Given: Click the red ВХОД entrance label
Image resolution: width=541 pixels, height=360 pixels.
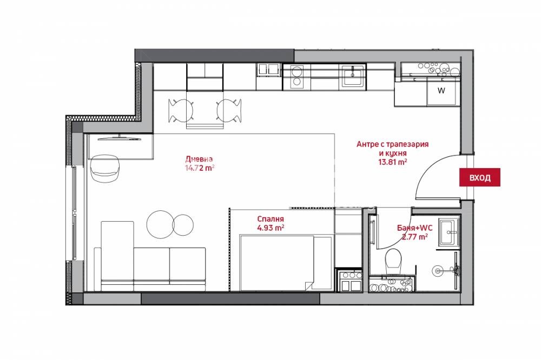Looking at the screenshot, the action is coord(479,177).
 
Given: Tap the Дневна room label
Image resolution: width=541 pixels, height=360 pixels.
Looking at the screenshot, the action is coord(199,159).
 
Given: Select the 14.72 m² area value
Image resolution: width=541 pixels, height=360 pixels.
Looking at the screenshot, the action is coord(200,168).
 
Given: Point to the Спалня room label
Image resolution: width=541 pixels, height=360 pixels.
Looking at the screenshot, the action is coord(270,218).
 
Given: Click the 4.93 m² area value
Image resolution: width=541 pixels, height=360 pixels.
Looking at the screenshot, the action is coord(270,228).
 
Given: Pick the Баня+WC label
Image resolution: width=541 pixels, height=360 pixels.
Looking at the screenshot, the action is coord(415,228).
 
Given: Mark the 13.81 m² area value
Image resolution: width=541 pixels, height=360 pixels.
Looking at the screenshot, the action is coord(393,162).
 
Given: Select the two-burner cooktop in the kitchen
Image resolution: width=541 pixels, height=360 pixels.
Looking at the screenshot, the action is coord(296,77).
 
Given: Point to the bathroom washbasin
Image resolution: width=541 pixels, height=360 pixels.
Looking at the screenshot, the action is coord(450,230).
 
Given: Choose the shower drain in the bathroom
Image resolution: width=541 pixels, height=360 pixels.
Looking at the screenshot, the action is coord(438,271).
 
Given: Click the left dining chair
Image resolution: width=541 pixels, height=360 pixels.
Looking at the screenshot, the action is coord(180,111).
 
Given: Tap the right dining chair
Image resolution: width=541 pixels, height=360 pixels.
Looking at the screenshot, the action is coord(229,111).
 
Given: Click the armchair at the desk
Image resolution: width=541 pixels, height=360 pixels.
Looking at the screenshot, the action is coord(105,169).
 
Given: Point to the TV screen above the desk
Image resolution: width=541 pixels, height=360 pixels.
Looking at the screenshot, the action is coord(120,138).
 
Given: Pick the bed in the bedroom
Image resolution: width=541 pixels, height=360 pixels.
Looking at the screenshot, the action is coord(286,263).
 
